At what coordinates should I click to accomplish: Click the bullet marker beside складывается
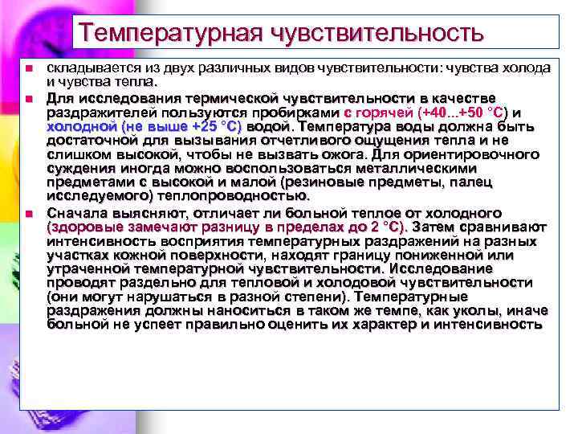[27, 68]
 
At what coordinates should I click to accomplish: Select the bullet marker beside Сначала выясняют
[27, 215]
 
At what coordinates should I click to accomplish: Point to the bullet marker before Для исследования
[27, 98]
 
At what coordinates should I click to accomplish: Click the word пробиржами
[301, 113]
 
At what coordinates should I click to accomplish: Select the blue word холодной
[81, 127]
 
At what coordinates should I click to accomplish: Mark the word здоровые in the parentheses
[86, 228]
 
